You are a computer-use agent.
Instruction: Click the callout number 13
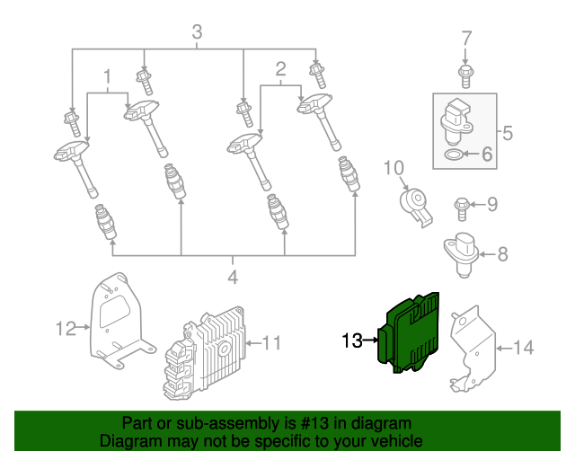[x=351, y=340]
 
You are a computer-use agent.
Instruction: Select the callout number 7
[x=465, y=39]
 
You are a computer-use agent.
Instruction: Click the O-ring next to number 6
[x=456, y=155]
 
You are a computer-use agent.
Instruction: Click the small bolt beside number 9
[x=461, y=207]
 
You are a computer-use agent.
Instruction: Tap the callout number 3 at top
[x=197, y=34]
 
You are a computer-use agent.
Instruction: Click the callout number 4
[x=232, y=278]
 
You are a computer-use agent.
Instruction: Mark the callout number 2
[x=280, y=68]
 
